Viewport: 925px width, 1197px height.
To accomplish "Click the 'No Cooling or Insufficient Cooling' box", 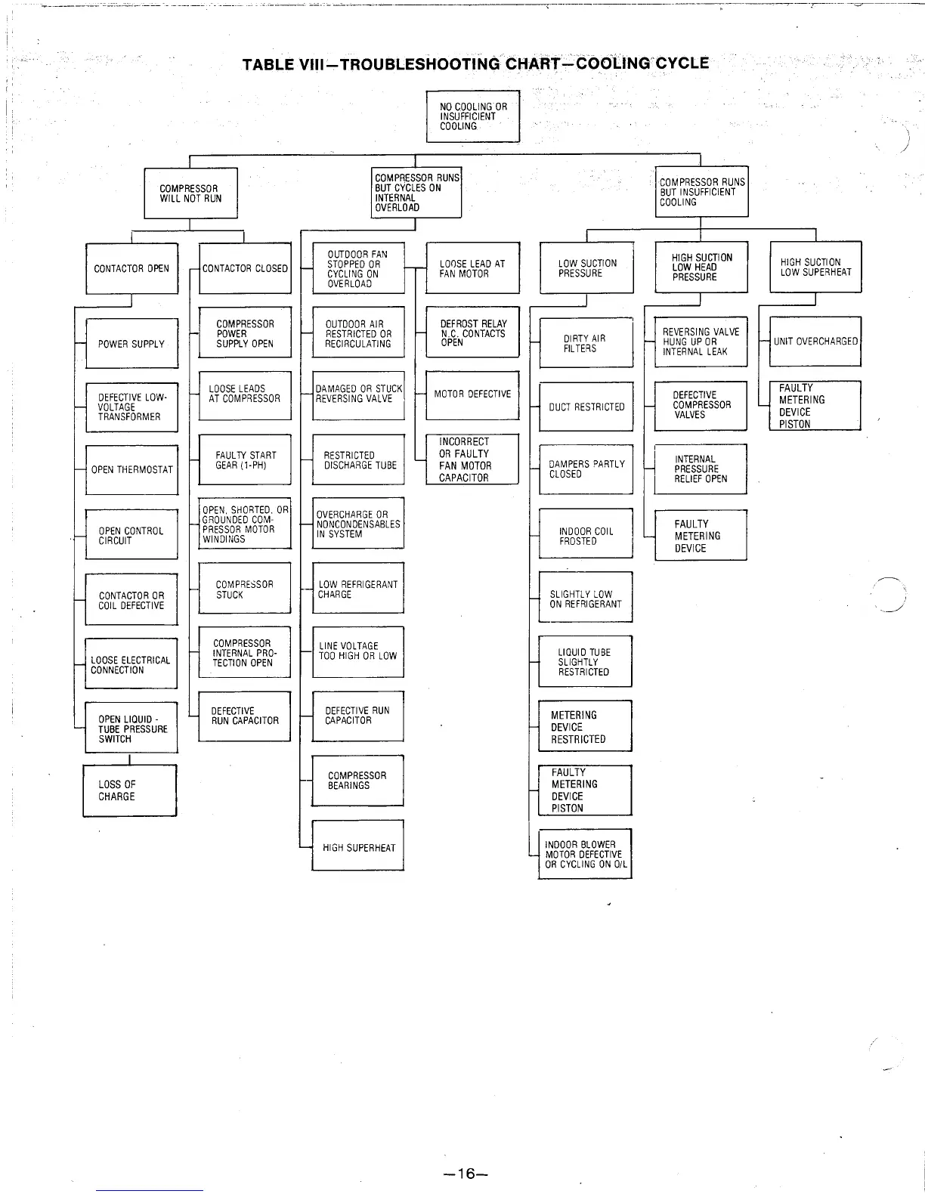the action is [x=473, y=116].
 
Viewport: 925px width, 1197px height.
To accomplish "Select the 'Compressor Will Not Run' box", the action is [x=191, y=193].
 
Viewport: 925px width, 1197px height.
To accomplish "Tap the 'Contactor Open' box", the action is [x=132, y=268].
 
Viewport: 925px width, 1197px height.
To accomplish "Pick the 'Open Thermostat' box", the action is [x=132, y=469].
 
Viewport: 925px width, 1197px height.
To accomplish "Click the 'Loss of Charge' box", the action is [x=129, y=790].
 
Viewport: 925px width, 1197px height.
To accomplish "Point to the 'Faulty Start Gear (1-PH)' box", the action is [x=245, y=460].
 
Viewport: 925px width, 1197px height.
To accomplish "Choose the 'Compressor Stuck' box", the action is [x=245, y=589].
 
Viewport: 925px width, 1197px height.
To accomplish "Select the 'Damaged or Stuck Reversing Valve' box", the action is [x=359, y=394].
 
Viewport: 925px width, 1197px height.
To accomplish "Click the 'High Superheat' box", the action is [x=358, y=847].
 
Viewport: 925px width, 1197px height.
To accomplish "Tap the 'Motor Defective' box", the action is [x=472, y=394].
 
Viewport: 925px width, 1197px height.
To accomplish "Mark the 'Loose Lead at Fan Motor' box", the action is [x=473, y=268].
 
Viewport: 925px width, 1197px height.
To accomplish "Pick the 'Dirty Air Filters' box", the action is [x=586, y=343].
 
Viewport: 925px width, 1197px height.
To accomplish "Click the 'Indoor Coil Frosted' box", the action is [x=586, y=536].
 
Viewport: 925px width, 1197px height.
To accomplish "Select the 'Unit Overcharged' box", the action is [x=815, y=342].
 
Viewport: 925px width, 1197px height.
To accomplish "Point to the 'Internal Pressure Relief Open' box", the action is [x=701, y=469].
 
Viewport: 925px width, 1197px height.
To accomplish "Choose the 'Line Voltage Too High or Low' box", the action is [x=358, y=651].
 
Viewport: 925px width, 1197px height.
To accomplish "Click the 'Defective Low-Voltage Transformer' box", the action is [x=132, y=407].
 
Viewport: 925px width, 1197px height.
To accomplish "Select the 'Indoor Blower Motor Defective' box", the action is [x=586, y=855].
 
